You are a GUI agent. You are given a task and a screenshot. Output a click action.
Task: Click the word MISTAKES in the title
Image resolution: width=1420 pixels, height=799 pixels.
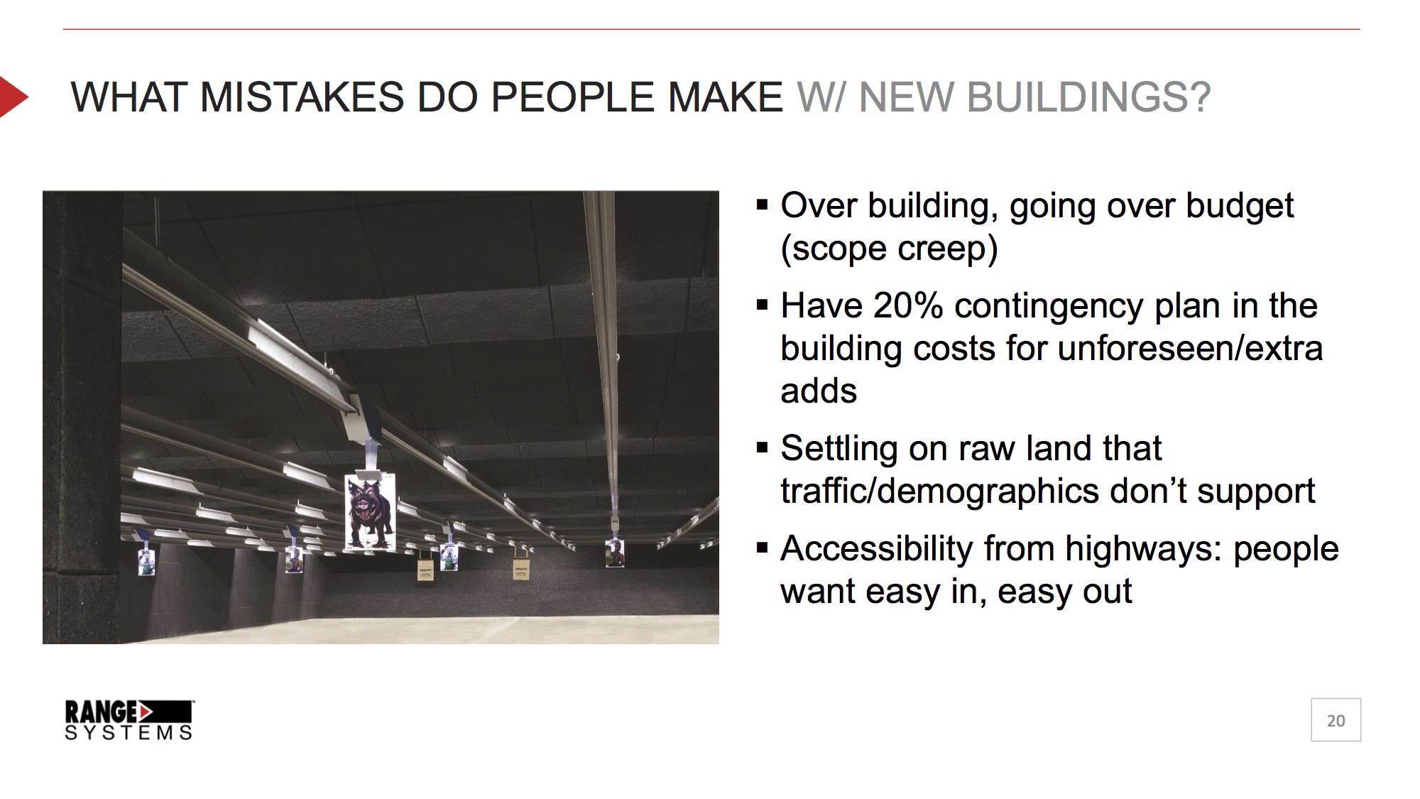point(302,97)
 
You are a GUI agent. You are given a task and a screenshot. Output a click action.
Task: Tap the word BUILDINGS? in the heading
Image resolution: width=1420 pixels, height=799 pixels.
point(1088,97)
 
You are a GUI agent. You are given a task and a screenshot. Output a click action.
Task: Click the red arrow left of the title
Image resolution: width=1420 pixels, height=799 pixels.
point(13,96)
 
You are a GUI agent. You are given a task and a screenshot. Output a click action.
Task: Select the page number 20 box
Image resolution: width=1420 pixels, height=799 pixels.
point(1336,720)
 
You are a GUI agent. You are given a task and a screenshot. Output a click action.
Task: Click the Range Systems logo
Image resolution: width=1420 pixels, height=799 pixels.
point(129,720)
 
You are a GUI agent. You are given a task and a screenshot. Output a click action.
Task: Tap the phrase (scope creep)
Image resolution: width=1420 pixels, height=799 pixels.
point(889,249)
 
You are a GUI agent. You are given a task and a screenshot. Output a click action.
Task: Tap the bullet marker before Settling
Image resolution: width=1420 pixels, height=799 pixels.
point(763,448)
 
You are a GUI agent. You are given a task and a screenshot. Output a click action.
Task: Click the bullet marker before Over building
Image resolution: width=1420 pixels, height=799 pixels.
point(763,205)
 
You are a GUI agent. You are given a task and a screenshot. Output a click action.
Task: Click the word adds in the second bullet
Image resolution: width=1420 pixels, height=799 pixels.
point(819,391)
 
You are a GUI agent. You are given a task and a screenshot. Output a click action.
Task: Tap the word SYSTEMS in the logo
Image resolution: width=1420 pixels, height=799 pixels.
point(129,733)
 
